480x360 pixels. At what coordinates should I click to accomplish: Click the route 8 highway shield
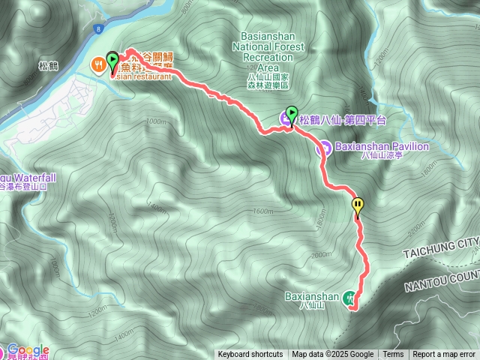[97, 29]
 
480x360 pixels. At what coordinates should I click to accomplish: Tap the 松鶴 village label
[46, 66]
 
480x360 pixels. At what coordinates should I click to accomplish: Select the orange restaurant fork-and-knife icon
[98, 65]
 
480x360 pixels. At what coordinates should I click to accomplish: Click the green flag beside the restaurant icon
[112, 60]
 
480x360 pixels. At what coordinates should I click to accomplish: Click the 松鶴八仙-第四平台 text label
[343, 119]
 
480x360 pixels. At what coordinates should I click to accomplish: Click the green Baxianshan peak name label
[313, 296]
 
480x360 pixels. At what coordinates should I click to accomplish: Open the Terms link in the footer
[393, 355]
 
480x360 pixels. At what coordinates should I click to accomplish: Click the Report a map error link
[445, 355]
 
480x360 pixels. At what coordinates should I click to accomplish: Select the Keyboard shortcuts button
[250, 355]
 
